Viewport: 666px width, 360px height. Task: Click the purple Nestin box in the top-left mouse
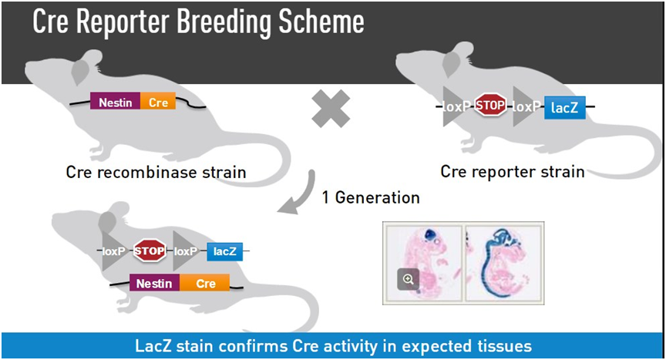click(115, 102)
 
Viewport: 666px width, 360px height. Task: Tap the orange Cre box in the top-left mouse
click(158, 102)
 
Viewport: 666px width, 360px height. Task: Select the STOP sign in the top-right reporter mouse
click(489, 106)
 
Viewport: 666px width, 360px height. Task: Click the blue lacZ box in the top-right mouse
click(564, 109)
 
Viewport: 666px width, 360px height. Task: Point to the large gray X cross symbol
click(331, 109)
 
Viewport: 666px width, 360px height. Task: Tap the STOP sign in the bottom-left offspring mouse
click(150, 250)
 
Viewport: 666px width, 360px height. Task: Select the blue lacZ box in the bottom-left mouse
click(224, 251)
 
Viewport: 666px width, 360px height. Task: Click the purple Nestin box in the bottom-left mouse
click(153, 284)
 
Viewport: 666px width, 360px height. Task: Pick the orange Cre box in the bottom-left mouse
click(206, 284)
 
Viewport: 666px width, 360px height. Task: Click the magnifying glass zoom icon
click(408, 279)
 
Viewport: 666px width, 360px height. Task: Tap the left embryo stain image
click(423, 262)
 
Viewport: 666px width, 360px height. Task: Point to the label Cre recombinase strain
click(156, 172)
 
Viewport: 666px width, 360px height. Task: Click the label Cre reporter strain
click(512, 171)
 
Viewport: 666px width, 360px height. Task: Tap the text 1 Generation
click(371, 197)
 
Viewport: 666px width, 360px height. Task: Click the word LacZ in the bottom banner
click(156, 345)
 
